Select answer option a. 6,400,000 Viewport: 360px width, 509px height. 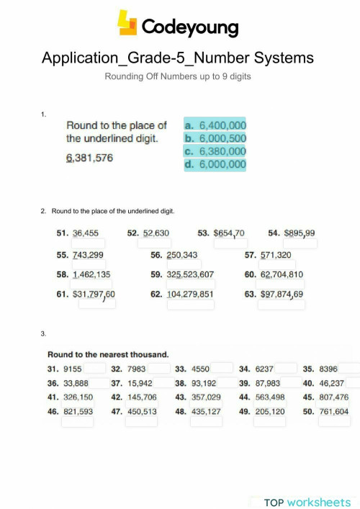[x=215, y=125]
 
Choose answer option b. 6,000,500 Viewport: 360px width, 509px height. [x=215, y=138]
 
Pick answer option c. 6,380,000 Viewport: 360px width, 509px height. [x=215, y=151]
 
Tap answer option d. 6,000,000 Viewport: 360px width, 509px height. [x=215, y=165]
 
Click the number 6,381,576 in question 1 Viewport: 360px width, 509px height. [x=89, y=158]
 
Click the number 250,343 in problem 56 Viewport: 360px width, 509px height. [x=181, y=254]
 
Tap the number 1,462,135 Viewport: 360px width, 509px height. [x=91, y=274]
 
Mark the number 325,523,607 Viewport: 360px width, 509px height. [x=190, y=274]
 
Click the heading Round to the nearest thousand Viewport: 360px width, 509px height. [x=108, y=354]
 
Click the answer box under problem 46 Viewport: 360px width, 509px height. [x=77, y=422]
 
